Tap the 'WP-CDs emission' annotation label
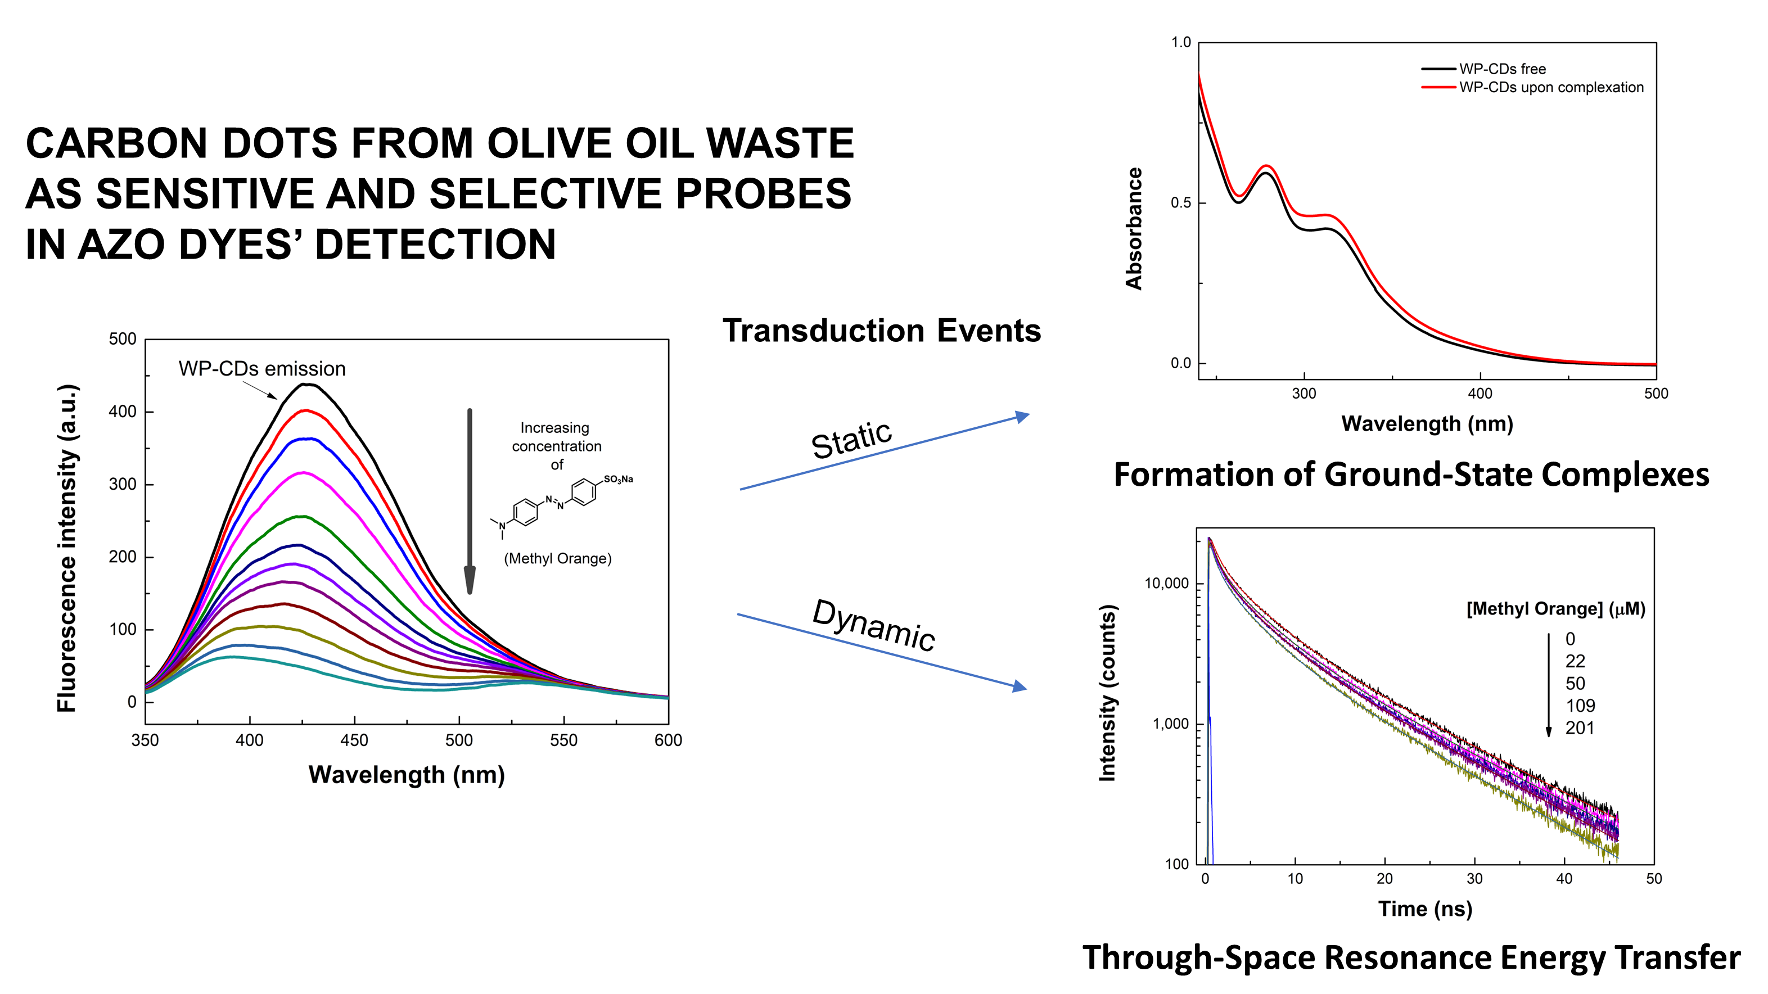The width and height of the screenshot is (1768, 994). (x=261, y=368)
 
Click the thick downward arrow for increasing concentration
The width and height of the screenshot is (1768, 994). (x=470, y=501)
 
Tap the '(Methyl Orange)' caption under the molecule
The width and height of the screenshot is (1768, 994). (x=557, y=558)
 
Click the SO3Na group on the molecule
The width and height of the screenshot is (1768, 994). (x=617, y=479)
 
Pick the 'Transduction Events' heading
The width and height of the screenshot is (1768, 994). (x=881, y=331)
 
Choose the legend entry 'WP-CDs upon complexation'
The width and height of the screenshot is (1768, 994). (x=1550, y=87)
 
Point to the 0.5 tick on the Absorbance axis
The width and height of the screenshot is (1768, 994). (x=1180, y=203)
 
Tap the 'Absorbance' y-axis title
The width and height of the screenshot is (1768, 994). (x=1134, y=228)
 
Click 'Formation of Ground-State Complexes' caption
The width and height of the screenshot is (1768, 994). (x=1410, y=475)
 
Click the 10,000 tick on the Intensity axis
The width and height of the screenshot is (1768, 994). (x=1166, y=583)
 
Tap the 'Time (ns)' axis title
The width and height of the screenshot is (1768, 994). (x=1425, y=909)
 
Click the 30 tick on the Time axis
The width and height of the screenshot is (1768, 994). (x=1474, y=879)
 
